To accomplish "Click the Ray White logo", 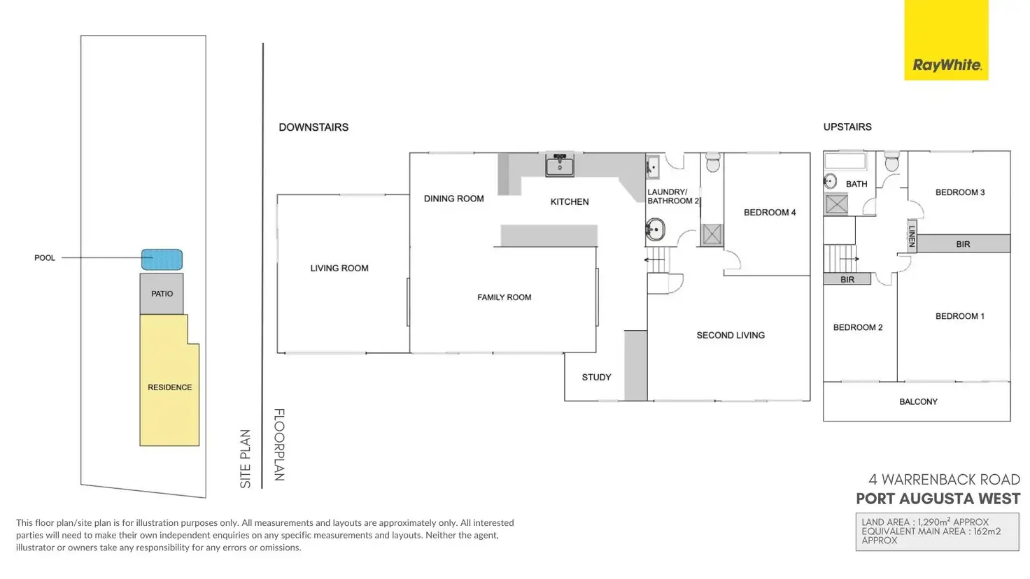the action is coord(946,65).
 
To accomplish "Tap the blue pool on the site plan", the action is coord(162,259).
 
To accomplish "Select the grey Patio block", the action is coord(162,294).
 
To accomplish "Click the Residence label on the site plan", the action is coord(169,387).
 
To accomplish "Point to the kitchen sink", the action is coord(560,166).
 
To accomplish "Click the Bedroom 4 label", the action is coord(769,213).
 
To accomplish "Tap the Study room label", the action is coord(596,377).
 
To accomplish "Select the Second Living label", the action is coord(731,336).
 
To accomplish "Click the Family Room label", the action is coord(504,297).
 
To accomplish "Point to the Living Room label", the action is coord(339,268).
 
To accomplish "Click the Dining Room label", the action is coord(453,199).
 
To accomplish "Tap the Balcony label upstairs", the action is coord(918,401).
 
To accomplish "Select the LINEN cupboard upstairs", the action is coord(912,236).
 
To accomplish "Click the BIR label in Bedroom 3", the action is coord(963,244).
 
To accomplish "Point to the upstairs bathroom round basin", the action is coord(831,181).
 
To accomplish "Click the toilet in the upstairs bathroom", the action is coord(891,162).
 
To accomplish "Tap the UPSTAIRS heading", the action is coord(847,127).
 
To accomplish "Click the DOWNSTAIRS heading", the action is coord(313,127).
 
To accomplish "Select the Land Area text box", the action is coord(937,531).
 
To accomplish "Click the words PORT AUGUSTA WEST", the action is coord(938,499).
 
